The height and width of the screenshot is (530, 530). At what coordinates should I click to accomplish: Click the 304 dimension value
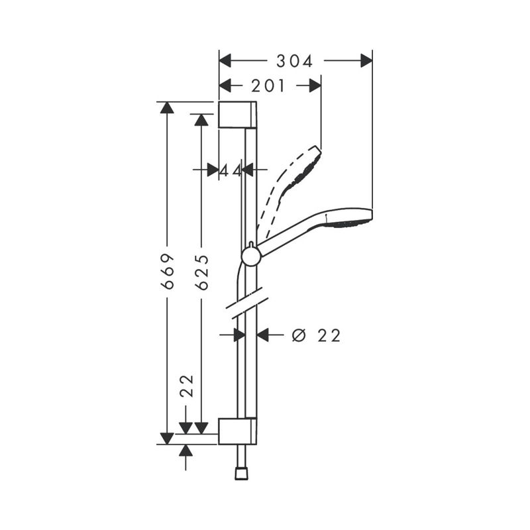[294, 61]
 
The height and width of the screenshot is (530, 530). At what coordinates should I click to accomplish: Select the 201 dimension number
[268, 86]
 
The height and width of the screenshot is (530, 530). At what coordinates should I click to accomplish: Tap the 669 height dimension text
[167, 272]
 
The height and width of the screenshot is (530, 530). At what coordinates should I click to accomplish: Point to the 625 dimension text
[201, 272]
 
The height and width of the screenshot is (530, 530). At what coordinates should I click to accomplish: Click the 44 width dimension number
[231, 171]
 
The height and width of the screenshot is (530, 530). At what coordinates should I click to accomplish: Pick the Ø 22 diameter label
[316, 336]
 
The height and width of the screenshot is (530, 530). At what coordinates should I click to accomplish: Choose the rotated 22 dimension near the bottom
[187, 386]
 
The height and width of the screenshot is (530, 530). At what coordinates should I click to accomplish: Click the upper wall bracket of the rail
[237, 115]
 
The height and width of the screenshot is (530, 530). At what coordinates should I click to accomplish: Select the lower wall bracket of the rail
[237, 431]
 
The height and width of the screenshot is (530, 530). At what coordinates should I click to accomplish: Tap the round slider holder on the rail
[251, 256]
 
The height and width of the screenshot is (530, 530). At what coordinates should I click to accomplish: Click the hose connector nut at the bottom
[241, 473]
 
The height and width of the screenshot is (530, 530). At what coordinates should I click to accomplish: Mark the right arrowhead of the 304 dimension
[366, 61]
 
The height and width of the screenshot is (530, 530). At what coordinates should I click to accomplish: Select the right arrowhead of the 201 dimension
[315, 86]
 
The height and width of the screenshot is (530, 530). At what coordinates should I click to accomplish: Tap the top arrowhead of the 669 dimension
[167, 107]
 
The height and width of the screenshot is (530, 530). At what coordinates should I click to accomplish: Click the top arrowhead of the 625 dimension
[201, 120]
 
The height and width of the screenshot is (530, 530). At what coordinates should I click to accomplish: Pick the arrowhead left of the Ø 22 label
[262, 335]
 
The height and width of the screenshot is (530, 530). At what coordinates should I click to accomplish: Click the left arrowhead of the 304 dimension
[225, 61]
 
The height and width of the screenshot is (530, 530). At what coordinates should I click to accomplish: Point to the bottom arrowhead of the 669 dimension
[167, 439]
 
